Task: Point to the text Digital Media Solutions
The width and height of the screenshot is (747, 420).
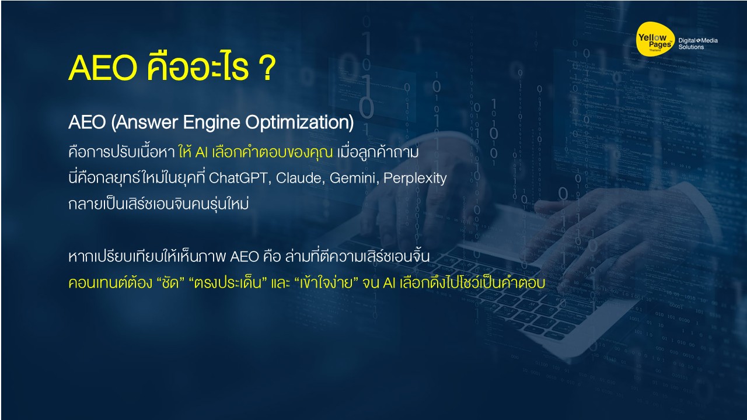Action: pyautogui.click(x=698, y=44)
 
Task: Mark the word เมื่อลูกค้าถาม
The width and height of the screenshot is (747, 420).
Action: pyautogui.click(x=379, y=152)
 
